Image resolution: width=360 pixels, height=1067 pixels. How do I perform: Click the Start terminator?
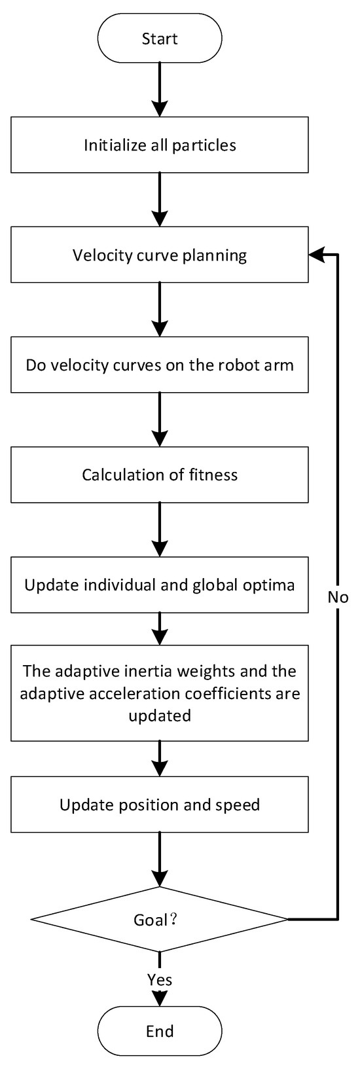[x=160, y=39]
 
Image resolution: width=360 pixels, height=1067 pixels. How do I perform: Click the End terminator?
[x=160, y=1032]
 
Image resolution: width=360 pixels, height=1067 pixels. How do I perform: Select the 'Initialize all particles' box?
[x=160, y=145]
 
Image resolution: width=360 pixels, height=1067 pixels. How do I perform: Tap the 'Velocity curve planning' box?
[x=160, y=255]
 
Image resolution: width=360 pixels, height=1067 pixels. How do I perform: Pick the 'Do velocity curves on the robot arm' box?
[x=160, y=365]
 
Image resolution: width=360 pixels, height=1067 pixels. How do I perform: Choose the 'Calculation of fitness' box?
[x=160, y=475]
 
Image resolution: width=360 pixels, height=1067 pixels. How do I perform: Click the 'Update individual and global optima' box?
[x=160, y=585]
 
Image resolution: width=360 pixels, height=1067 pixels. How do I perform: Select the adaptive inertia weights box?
[x=160, y=693]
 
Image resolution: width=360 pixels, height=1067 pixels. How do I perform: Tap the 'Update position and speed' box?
[x=160, y=805]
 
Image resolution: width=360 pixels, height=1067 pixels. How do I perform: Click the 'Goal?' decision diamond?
[x=160, y=920]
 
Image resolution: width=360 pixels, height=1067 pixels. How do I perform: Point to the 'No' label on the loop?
[x=338, y=597]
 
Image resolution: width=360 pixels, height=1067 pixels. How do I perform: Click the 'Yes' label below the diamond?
[x=160, y=980]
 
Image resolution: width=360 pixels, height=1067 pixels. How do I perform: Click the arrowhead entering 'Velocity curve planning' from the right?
[x=316, y=255]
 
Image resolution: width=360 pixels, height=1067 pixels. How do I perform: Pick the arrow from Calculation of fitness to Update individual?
[x=160, y=529]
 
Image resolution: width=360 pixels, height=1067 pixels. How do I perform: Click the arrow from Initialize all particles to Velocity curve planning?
[x=160, y=199]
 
